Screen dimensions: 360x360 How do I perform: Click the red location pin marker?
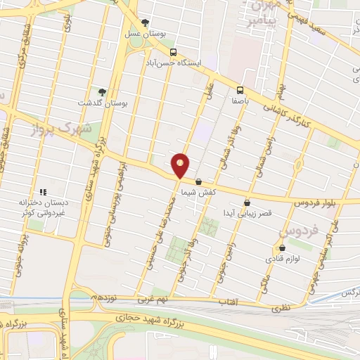[x=181, y=165]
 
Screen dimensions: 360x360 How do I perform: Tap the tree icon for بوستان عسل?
[x=145, y=22]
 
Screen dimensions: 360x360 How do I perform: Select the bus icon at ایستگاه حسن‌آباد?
[x=174, y=52]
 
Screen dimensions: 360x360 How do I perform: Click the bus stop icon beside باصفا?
[x=240, y=90]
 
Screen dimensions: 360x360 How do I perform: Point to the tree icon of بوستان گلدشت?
[x=103, y=91]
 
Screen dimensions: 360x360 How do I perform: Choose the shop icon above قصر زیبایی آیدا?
[x=246, y=202]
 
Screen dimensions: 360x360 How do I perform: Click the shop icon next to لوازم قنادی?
[x=282, y=247]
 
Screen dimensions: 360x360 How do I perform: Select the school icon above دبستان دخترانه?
[x=42, y=191]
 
